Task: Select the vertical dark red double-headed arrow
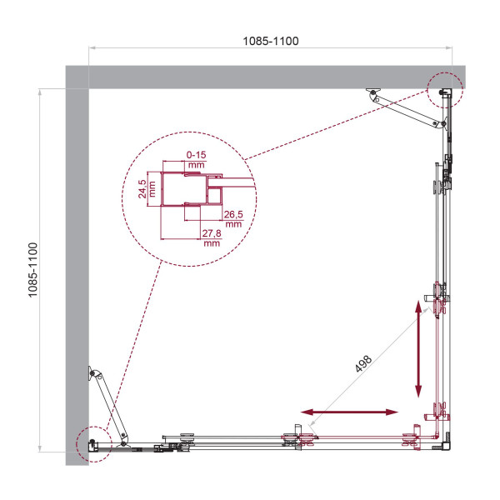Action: click(418, 349)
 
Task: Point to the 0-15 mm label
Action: click(197, 159)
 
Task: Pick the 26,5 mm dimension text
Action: click(232, 218)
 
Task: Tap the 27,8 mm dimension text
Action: click(211, 238)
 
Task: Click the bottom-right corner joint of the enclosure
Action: click(447, 441)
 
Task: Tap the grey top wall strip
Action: click(267, 77)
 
